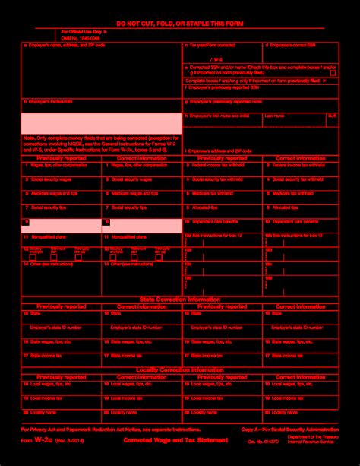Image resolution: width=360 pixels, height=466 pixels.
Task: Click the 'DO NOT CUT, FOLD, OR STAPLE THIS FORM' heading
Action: point(179,26)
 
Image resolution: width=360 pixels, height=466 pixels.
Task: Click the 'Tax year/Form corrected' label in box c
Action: point(213,46)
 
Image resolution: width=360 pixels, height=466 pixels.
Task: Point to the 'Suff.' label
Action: point(332,116)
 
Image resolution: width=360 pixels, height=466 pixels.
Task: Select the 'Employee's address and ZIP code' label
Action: point(221,151)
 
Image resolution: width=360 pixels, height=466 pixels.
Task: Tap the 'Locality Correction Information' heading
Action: point(180,369)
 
